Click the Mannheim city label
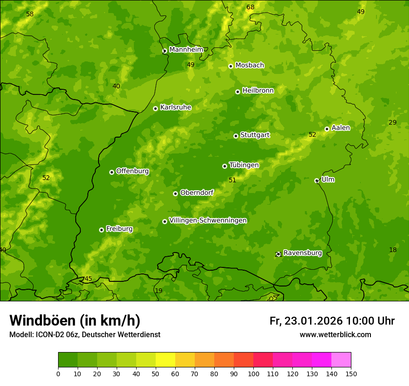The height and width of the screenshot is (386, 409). coord(186,50)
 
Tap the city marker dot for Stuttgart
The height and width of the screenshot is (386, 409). coord(236,136)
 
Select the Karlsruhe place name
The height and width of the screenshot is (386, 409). coord(175,107)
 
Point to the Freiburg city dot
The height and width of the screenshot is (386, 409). coord(101,230)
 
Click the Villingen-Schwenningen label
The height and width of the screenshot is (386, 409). coord(208,220)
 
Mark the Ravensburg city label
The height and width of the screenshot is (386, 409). coord(302,253)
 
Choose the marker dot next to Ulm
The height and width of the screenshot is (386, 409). coord(317,180)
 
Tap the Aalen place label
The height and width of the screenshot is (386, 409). coord(341,128)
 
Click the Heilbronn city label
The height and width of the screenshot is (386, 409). coord(258,91)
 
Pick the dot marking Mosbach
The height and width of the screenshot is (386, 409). coord(231,66)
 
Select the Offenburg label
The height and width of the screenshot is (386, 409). coord(132,171)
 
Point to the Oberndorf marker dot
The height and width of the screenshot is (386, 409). coord(175,193)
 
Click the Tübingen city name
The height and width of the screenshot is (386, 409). coord(244,165)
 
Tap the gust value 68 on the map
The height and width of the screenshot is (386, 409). coord(251,7)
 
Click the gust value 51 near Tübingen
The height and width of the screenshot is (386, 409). coord(232,180)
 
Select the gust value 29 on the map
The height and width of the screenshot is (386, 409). coord(393,122)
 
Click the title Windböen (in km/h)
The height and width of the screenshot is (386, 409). coord(75,320)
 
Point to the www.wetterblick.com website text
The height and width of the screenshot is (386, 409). coord(335,335)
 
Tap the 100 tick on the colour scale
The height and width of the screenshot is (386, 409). coord(253,373)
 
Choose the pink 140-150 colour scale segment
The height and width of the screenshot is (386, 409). coord(341,360)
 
